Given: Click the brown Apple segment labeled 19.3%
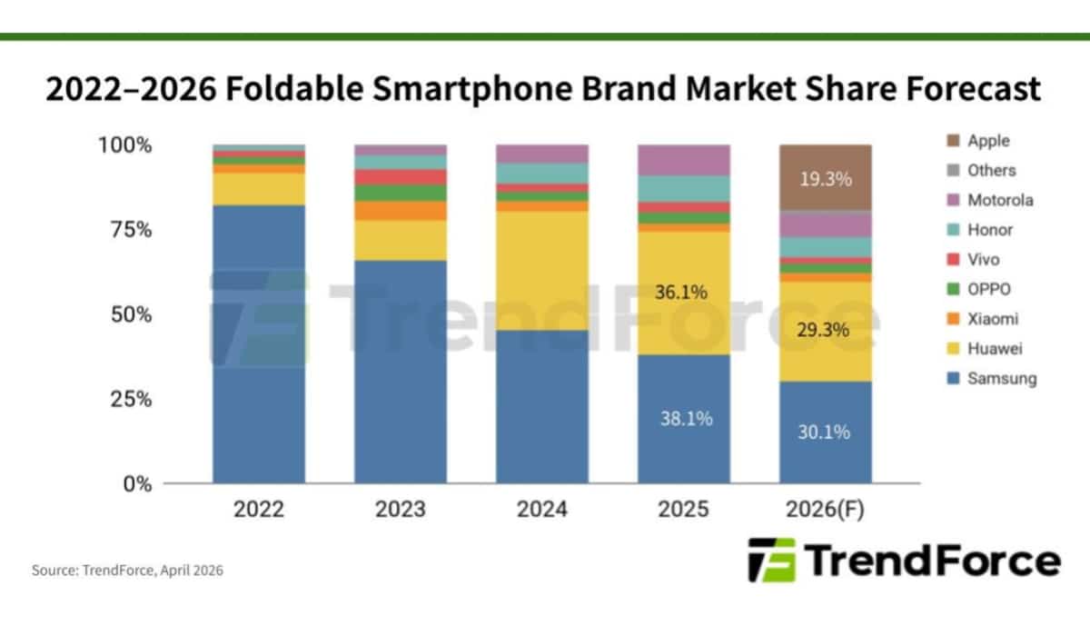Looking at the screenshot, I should (x=825, y=178).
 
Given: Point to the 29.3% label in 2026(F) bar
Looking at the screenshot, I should (x=825, y=330).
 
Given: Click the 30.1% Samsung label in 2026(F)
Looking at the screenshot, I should (x=825, y=432).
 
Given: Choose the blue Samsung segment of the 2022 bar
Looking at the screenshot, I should (x=259, y=345).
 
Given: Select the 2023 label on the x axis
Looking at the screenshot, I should (x=400, y=510).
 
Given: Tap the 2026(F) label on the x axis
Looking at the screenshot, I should (x=825, y=510).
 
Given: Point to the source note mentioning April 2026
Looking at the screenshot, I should (x=127, y=571).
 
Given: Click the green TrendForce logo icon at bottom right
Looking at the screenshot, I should (x=771, y=560).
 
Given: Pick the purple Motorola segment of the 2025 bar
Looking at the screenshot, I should (x=684, y=160).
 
